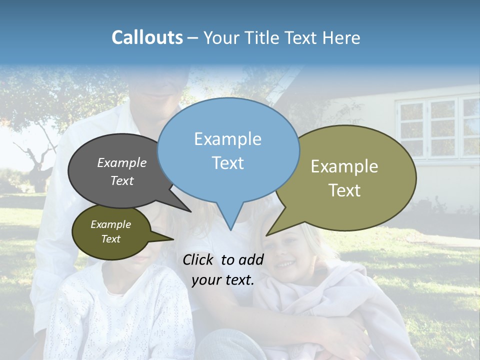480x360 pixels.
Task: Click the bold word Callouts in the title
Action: [147, 37]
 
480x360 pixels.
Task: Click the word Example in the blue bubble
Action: [227, 139]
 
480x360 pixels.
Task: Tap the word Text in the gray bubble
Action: [122, 181]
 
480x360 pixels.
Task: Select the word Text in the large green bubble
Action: [344, 190]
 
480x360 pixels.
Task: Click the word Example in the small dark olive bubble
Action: [110, 224]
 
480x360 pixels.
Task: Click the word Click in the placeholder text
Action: [198, 259]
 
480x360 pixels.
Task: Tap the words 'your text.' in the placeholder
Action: [223, 280]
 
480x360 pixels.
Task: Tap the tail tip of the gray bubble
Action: [190, 211]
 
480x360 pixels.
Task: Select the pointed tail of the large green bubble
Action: [268, 234]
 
